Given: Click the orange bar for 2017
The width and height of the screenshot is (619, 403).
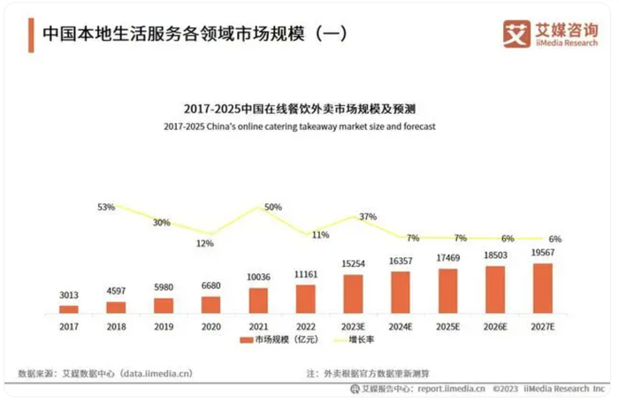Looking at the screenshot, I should coord(69,308).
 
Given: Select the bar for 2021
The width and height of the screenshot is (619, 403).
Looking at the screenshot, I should coord(258,300).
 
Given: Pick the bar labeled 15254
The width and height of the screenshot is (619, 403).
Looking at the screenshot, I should coord(353,293).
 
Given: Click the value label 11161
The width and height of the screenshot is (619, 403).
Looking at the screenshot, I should coord(306,277).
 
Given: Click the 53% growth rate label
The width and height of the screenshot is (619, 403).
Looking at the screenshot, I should coord(106,207).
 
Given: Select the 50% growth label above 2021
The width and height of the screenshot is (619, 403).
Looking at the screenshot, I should coord(272,207).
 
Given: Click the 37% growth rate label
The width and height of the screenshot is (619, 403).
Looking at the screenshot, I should coord(368,217).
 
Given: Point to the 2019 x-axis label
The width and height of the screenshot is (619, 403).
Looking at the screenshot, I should coord(164,325).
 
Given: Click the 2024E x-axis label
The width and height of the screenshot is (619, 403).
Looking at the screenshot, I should coord(401,325).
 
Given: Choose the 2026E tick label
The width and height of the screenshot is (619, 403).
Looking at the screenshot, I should coord(495,325).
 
